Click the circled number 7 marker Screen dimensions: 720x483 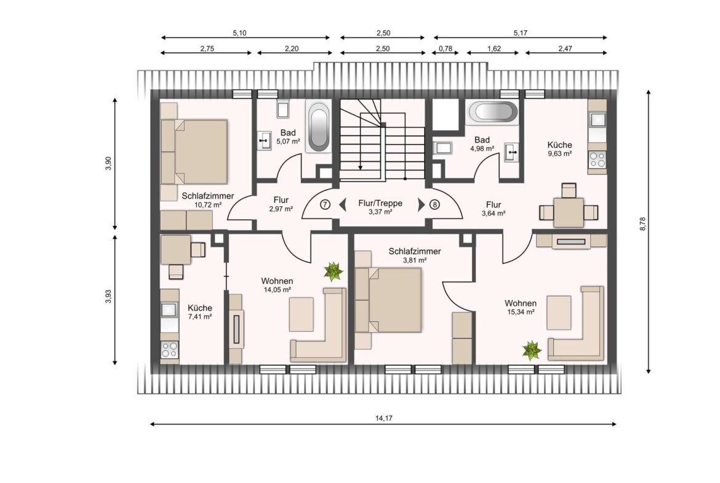[x=325, y=204]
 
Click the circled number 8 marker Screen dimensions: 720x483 [x=434, y=204]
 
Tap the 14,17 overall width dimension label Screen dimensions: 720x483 [x=384, y=418]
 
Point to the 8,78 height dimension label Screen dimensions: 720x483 [x=643, y=223]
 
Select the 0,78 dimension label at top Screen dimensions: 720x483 [x=446, y=48]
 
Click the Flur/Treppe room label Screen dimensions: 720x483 [x=380, y=203]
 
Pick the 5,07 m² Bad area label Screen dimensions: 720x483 [x=289, y=142]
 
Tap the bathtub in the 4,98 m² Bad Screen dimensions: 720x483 [x=492, y=112]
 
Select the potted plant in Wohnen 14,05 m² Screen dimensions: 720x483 [x=333, y=271]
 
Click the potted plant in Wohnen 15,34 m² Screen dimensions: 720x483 [x=532, y=350]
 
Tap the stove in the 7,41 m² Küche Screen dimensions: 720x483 [x=169, y=350]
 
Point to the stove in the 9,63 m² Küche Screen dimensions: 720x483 [x=598, y=159]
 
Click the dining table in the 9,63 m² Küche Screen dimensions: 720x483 [x=569, y=212]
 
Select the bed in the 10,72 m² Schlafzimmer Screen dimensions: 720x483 [x=194, y=151]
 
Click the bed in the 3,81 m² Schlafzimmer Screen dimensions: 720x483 [x=388, y=300]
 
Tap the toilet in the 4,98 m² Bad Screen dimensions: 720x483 [x=442, y=148]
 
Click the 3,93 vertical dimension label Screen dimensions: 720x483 [x=108, y=297]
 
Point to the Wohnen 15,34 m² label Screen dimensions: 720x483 [x=520, y=307]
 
